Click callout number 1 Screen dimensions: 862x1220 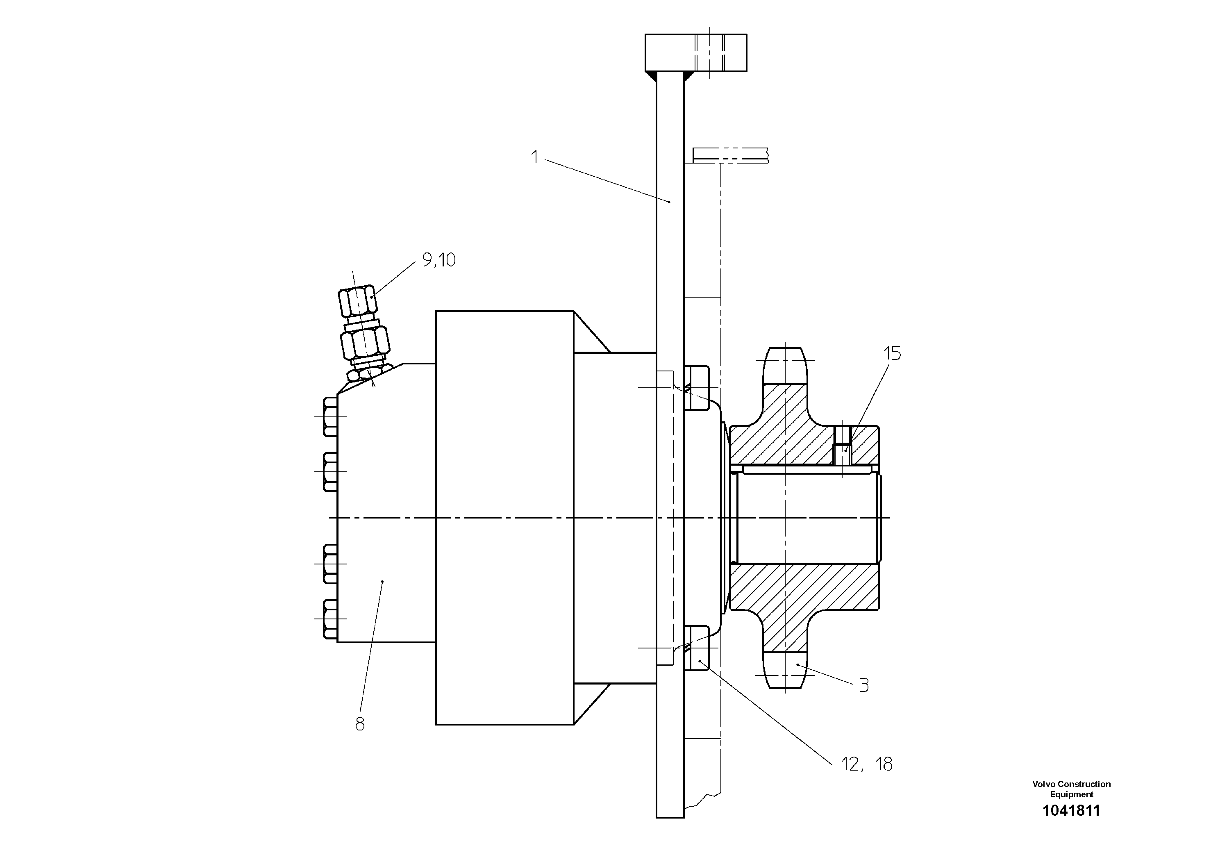[x=535, y=157]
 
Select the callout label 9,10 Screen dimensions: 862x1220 [x=439, y=260]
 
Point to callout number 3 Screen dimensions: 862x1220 [x=864, y=686]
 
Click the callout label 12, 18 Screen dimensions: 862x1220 [x=867, y=764]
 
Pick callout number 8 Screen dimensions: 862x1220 [x=360, y=724]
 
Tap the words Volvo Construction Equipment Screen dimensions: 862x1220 [x=1071, y=789]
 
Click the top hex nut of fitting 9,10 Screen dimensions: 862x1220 [x=358, y=301]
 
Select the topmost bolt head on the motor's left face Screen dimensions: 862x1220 [x=330, y=416]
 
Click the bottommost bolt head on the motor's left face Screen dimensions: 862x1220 [x=330, y=619]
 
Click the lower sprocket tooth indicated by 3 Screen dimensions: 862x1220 [x=784, y=671]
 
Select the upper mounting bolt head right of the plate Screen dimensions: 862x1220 [x=697, y=387]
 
